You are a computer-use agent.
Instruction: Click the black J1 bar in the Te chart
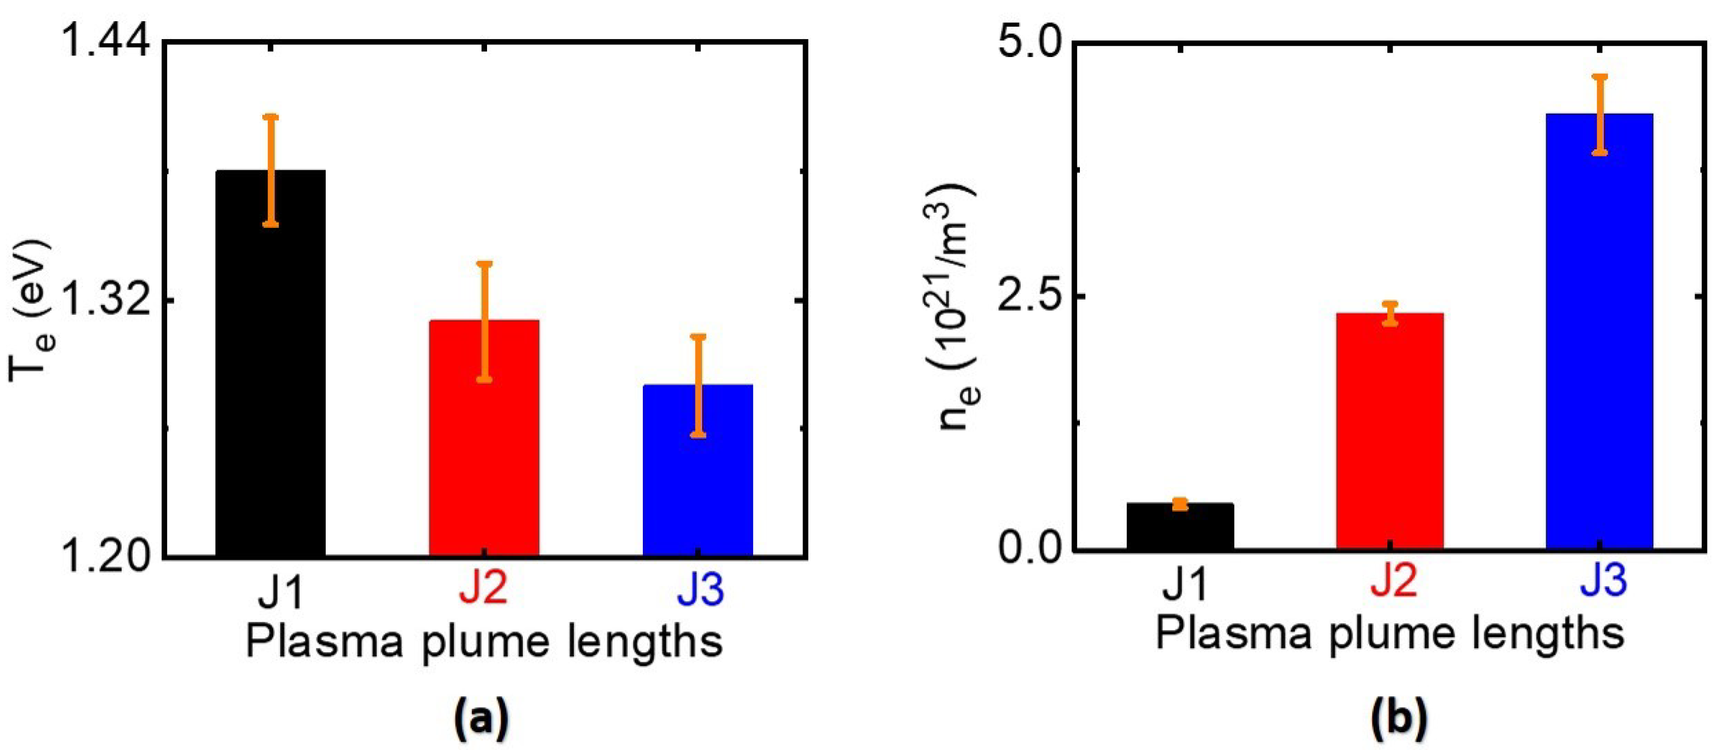click(270, 374)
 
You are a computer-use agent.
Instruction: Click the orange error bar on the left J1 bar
click(270, 171)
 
